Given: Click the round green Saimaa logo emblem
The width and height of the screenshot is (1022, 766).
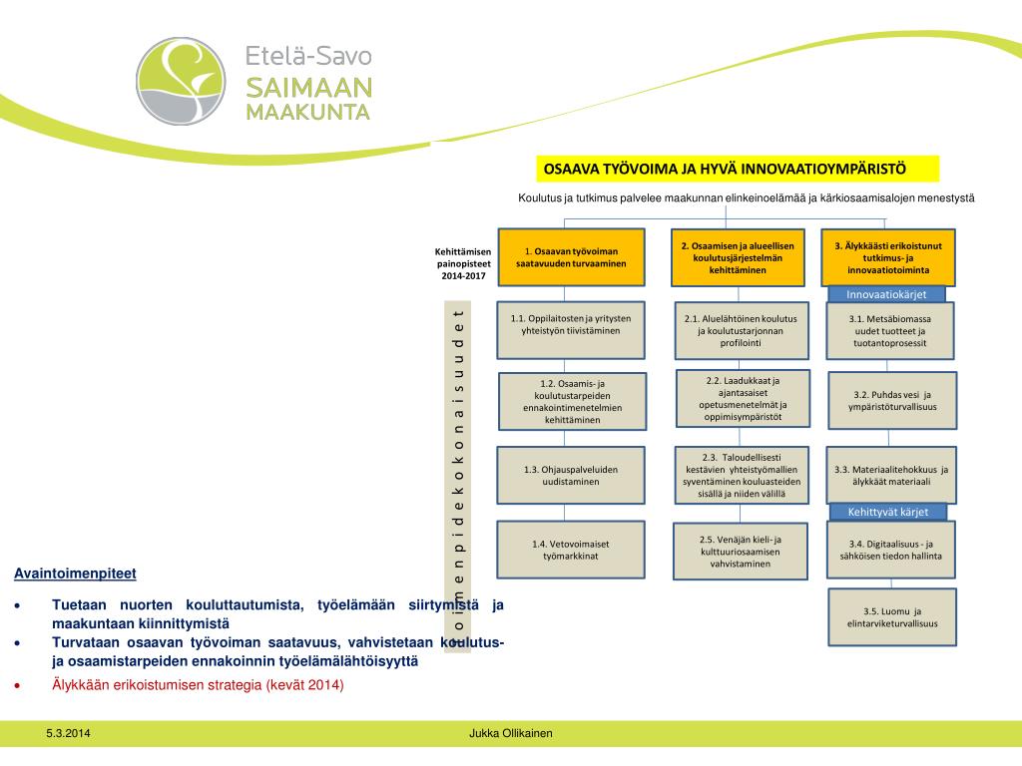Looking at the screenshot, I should click(x=181, y=81).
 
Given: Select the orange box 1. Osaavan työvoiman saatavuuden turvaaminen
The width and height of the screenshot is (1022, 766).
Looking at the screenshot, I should click(x=571, y=257).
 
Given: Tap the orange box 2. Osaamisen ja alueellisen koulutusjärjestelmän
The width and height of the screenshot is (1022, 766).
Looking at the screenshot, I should click(x=738, y=257).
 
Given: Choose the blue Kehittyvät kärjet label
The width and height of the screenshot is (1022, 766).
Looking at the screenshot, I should click(x=887, y=512).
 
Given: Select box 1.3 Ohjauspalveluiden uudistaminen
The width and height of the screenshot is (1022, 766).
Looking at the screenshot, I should click(x=571, y=475).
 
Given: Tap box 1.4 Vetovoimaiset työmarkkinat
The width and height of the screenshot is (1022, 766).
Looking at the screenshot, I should click(x=571, y=550).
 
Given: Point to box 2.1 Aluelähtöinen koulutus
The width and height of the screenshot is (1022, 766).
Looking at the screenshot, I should click(x=741, y=330).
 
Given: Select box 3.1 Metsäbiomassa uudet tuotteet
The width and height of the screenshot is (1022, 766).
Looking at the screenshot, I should click(x=890, y=330).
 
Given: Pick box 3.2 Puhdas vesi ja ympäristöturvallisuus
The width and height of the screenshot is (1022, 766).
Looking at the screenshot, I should click(x=892, y=400).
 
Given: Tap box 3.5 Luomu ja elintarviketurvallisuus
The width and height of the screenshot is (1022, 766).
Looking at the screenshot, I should click(x=892, y=617).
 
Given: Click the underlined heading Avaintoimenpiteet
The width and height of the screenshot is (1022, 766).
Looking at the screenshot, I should click(x=75, y=574).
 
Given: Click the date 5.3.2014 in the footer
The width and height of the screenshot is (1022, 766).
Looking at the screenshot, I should click(x=68, y=734).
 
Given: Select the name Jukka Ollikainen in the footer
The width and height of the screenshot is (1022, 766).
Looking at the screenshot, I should click(x=511, y=734).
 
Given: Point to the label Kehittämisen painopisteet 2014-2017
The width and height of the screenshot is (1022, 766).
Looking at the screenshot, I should click(x=462, y=263).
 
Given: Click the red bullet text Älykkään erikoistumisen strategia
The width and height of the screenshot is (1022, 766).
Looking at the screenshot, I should click(x=198, y=684).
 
